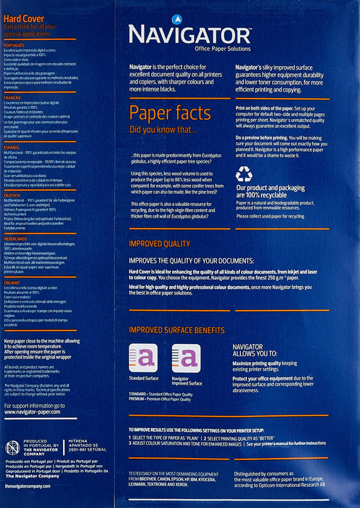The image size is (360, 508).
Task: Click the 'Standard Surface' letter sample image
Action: point(144,358)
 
